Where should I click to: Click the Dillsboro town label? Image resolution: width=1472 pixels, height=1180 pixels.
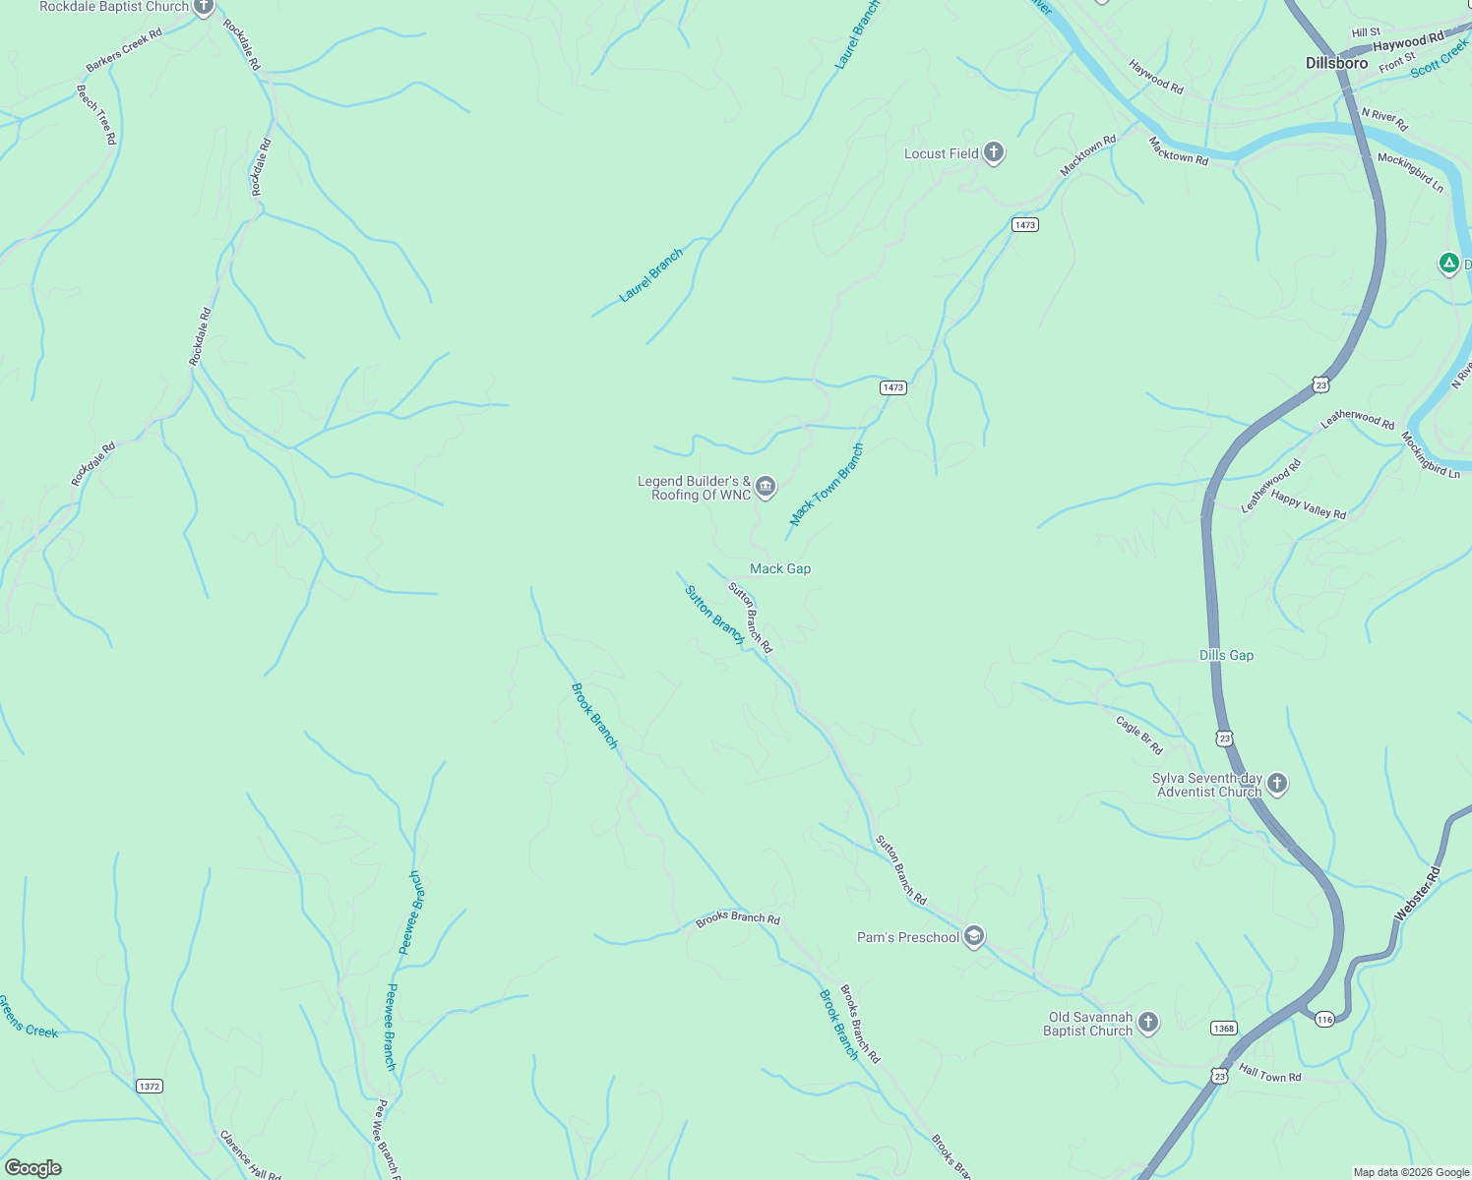click(x=1336, y=63)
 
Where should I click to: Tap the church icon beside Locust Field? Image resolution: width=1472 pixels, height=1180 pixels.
click(x=994, y=152)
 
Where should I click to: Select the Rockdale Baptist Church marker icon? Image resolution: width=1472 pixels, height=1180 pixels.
click(x=203, y=8)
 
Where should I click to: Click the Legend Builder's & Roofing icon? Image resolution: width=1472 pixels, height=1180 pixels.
click(x=766, y=487)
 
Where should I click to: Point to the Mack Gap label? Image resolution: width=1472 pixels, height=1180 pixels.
click(x=780, y=568)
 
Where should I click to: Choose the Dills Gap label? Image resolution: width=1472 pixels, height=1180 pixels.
click(x=1226, y=655)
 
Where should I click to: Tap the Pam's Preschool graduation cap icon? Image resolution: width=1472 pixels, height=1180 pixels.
click(x=974, y=936)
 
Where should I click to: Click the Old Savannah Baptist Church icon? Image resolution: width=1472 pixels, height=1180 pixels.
click(x=1148, y=1024)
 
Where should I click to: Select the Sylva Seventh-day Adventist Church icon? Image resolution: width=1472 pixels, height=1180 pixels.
click(x=1276, y=784)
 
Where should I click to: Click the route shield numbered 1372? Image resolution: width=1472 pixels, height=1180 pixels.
click(x=149, y=1087)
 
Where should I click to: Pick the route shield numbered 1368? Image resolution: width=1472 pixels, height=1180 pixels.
click(x=1223, y=1029)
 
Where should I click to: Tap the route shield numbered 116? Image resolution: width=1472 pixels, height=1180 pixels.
click(x=1324, y=1020)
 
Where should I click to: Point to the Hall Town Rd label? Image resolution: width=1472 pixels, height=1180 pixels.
click(x=1269, y=1074)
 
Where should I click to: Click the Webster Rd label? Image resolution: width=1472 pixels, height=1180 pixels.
click(x=1417, y=893)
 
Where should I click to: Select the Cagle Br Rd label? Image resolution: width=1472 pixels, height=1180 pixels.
click(x=1138, y=735)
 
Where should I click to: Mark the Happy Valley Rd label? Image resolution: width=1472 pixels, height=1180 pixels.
click(x=1308, y=504)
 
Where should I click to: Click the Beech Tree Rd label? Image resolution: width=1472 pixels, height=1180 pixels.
click(x=96, y=114)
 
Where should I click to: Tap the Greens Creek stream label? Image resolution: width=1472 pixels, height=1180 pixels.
click(x=28, y=1017)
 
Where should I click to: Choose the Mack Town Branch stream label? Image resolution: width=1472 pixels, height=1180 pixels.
click(x=827, y=484)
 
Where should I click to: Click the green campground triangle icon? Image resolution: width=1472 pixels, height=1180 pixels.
click(x=1447, y=263)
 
